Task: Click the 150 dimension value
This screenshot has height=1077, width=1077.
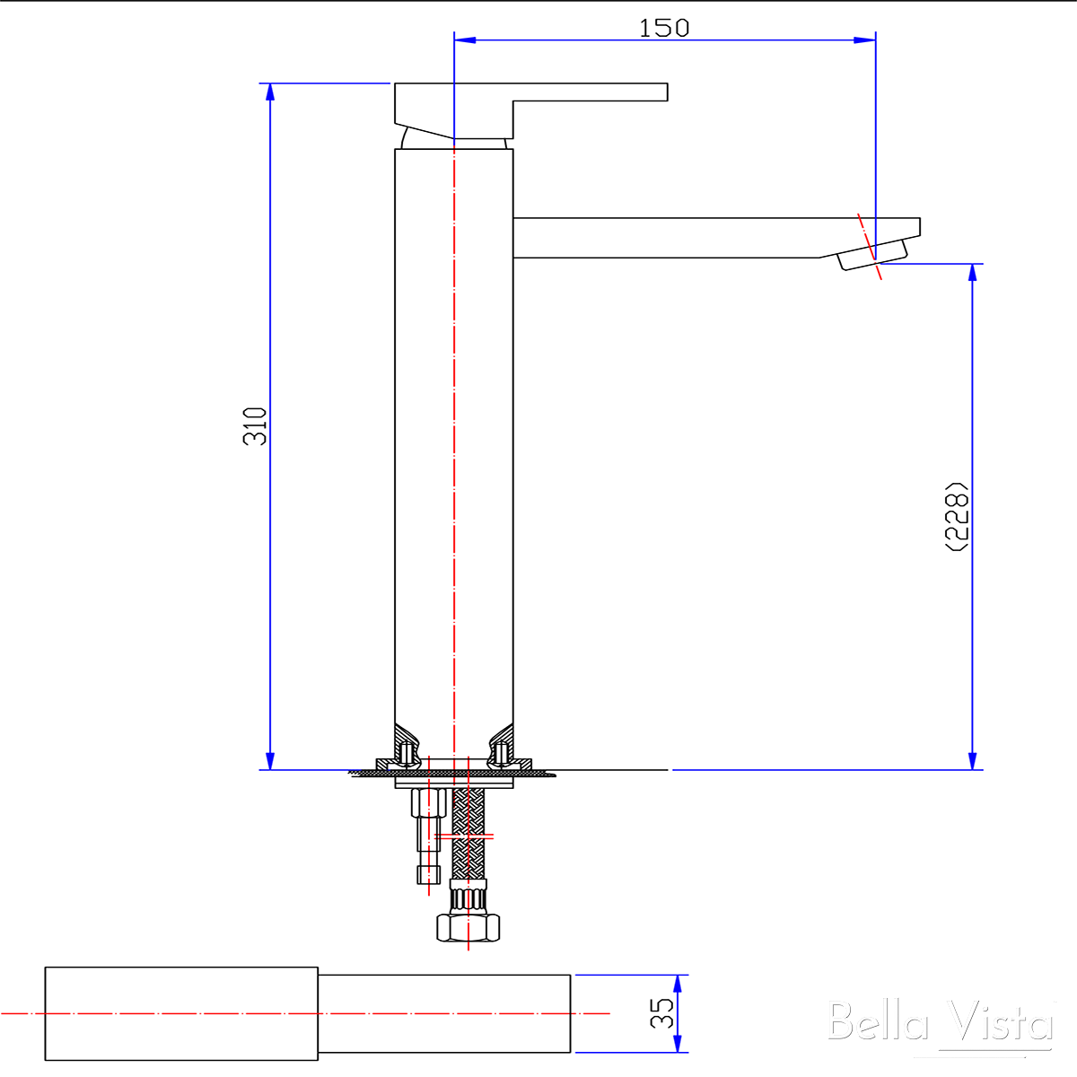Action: pyautogui.click(x=663, y=28)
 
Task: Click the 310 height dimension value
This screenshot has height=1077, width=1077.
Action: pyautogui.click(x=255, y=426)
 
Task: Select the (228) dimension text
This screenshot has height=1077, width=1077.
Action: pyautogui.click(x=956, y=516)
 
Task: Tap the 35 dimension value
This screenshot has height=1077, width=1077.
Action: pyautogui.click(x=661, y=1013)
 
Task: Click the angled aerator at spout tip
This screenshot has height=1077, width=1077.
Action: pyautogui.click(x=872, y=256)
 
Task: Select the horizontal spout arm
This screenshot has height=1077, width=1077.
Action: pyautogui.click(x=716, y=238)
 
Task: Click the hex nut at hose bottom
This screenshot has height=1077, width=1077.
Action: pyautogui.click(x=468, y=928)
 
